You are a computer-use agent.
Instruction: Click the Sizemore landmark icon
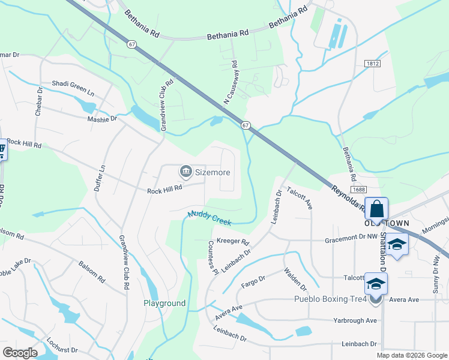pyautogui.click(x=186, y=172)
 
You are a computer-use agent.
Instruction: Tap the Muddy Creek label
pyautogui.click(x=209, y=218)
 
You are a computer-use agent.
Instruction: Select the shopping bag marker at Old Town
pyautogui.click(x=376, y=209)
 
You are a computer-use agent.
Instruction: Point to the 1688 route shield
pyautogui.click(x=359, y=190)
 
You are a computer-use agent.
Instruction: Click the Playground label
pyautogui.click(x=164, y=303)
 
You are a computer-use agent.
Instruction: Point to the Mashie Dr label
pyautogui.click(x=101, y=119)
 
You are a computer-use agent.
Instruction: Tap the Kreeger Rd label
pyautogui.click(x=232, y=242)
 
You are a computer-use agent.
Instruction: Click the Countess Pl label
pyautogui.click(x=212, y=257)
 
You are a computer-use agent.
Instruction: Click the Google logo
pyautogui.click(x=20, y=353)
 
